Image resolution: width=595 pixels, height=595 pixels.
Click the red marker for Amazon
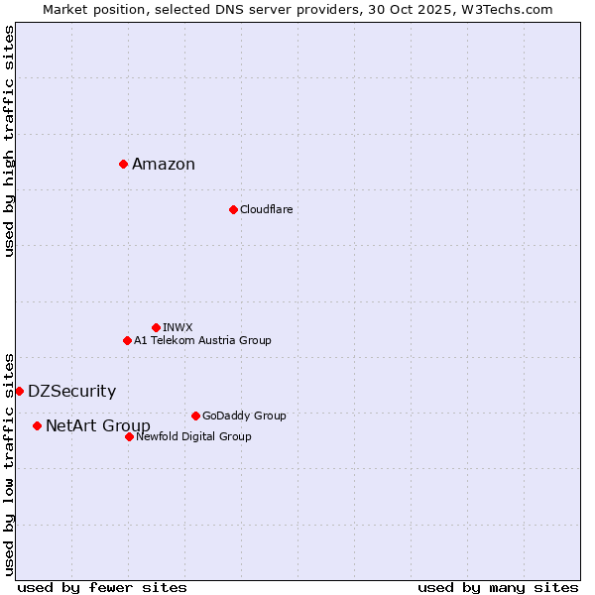[x=123, y=164]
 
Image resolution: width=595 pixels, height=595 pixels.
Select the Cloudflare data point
[x=233, y=209]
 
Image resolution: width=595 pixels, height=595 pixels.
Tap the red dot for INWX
[x=156, y=327]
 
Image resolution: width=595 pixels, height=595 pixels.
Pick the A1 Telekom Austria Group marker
[x=127, y=340]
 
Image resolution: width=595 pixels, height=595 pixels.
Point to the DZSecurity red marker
[x=19, y=391]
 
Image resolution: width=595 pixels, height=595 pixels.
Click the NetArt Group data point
[x=37, y=425]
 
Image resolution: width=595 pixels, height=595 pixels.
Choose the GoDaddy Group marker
[x=195, y=416]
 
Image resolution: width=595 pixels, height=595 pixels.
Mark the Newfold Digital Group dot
[x=129, y=436]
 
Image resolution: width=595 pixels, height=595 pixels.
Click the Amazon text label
[x=164, y=165]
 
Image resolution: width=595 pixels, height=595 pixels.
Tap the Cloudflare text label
[x=266, y=209]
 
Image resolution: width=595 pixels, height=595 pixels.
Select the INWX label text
[x=178, y=327]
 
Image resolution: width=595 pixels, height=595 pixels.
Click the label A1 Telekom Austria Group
[x=202, y=340]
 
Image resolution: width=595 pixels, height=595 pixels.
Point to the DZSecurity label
[x=71, y=392]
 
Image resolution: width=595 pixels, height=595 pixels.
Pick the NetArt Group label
[x=98, y=426]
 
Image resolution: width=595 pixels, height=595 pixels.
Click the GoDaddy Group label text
[x=244, y=416]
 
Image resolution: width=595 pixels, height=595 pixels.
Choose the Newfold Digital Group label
[x=193, y=436]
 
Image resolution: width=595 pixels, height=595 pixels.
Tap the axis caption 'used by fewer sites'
[x=102, y=587]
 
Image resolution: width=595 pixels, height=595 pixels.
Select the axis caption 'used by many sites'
[x=498, y=587]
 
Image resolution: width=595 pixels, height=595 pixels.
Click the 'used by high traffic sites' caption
[x=9, y=141]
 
